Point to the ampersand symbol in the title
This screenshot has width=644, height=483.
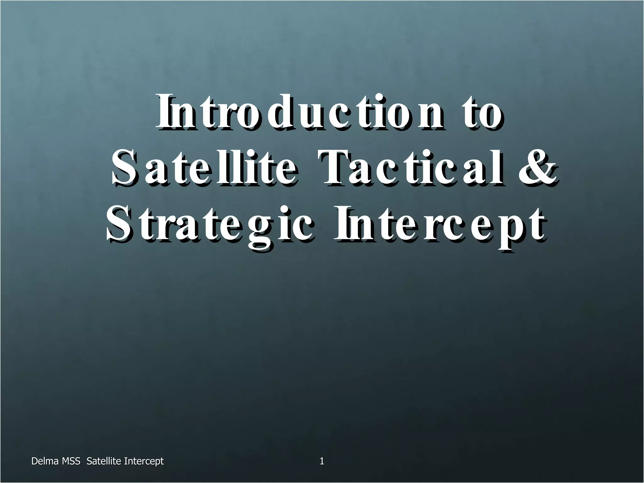coord(536,168)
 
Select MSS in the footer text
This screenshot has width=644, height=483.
coord(71,461)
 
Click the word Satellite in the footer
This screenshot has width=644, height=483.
coord(104,461)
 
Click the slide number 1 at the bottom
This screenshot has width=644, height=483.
coord(322,461)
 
